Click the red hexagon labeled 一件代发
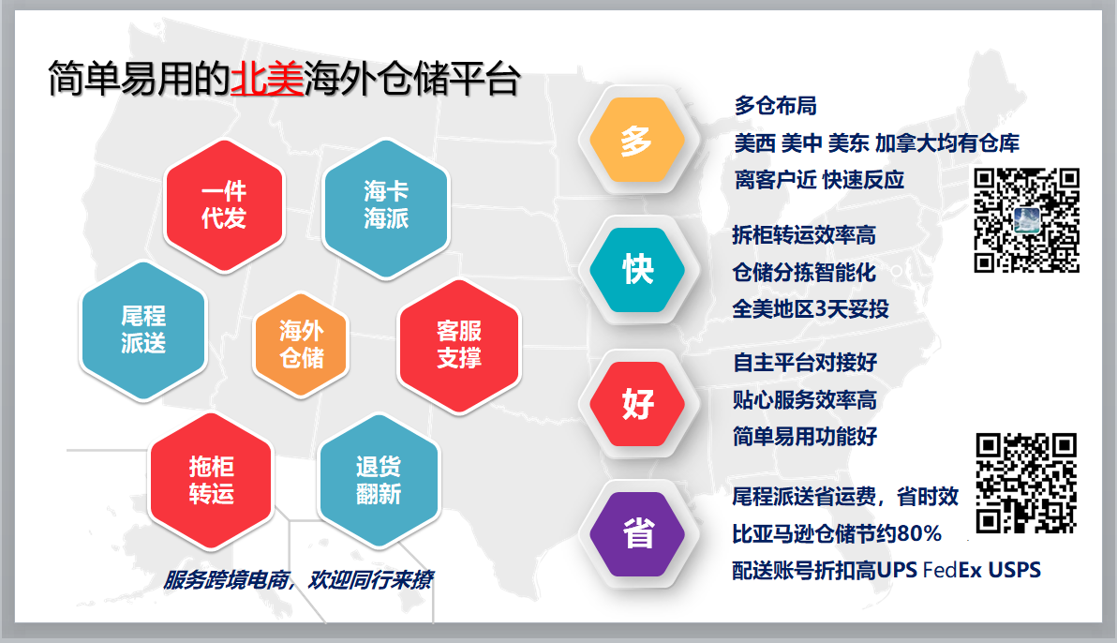point(224,205)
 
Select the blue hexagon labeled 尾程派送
point(143,330)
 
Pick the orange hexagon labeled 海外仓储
point(302,344)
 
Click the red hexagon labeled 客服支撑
point(459,346)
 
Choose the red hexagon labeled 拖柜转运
point(212,481)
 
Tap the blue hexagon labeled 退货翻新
point(379,481)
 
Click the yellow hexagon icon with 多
point(637,140)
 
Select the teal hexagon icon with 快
point(637,269)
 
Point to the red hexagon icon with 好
point(637,403)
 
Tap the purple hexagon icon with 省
point(637,534)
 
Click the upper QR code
point(1026,220)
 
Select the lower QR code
point(1026,483)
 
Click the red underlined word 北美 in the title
point(267,79)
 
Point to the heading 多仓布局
point(776,106)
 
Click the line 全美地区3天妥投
point(811,308)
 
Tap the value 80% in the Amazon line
point(919,533)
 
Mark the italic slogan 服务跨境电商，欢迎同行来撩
point(298,580)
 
